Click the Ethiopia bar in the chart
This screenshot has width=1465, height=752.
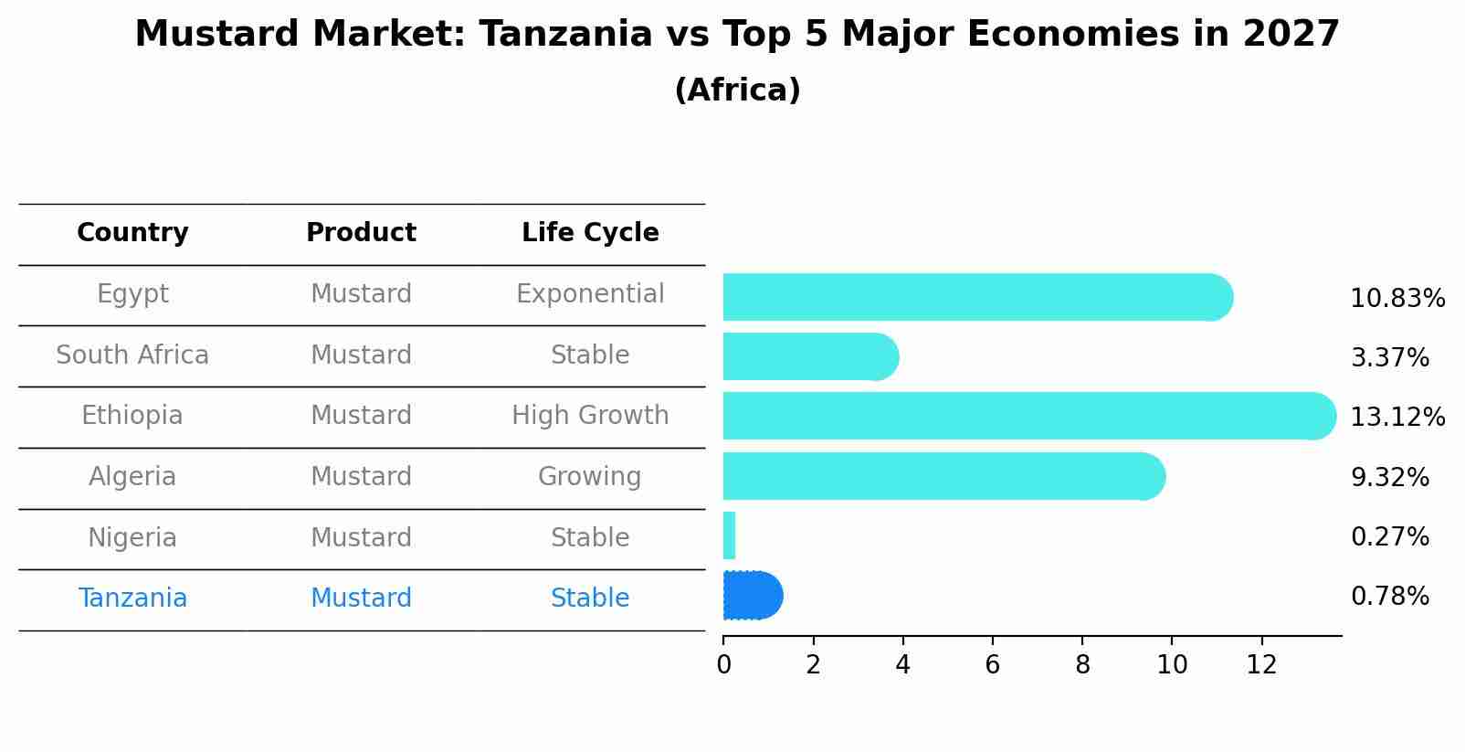[x=1029, y=416]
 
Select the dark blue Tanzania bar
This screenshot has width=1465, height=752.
[x=753, y=595]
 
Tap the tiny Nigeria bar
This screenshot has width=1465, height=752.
[x=729, y=535]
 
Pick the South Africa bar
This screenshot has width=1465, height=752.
[x=811, y=356]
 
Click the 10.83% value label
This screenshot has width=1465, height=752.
[x=1397, y=299]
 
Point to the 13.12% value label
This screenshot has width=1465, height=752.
[x=1397, y=417]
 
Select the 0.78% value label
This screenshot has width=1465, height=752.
[x=1390, y=597]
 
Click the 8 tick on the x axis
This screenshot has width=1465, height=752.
[x=1082, y=665]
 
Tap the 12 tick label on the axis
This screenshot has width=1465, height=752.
[x=1261, y=665]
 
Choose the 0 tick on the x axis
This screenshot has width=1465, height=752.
[x=723, y=665]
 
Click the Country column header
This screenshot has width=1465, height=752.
[x=132, y=233]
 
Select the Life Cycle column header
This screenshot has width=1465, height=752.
[x=590, y=233]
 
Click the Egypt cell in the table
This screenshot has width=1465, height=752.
[x=132, y=294]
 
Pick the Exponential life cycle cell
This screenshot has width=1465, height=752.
[x=590, y=294]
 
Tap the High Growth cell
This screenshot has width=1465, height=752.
[x=590, y=416]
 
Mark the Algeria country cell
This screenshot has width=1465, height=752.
[x=132, y=476]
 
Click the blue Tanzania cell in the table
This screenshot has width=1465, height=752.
[x=132, y=598]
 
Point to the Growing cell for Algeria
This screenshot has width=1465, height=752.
[x=590, y=476]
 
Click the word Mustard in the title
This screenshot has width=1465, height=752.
[x=217, y=34]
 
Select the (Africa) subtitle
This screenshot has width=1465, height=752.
[x=737, y=90]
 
